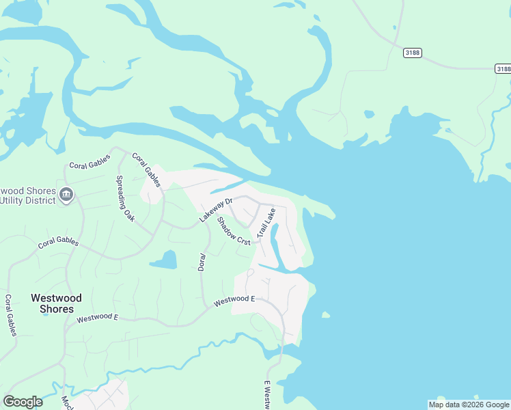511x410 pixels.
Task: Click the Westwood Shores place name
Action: [56, 303]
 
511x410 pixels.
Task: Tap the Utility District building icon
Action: [66, 195]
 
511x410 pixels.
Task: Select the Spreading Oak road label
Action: [125, 199]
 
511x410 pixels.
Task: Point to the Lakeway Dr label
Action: [217, 210]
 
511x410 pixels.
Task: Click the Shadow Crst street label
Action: [234, 230]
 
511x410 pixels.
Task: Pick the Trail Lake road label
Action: [266, 223]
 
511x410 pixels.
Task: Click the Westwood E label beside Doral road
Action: [234, 299]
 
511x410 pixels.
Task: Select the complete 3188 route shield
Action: [412, 53]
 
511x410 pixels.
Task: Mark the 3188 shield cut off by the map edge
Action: [503, 68]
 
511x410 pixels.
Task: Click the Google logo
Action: [23, 402]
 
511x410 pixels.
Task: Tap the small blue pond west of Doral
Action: [163, 260]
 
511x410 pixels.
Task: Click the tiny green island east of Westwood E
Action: [325, 315]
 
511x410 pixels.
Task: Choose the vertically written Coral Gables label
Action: [10, 316]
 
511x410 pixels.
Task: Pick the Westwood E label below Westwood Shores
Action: [97, 318]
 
